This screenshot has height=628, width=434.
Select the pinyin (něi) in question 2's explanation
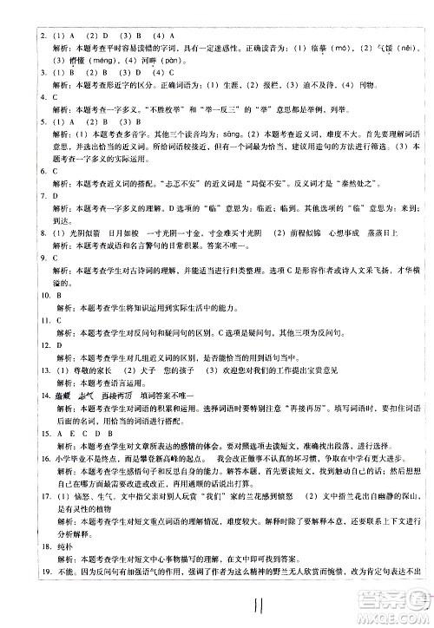point(411,24)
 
